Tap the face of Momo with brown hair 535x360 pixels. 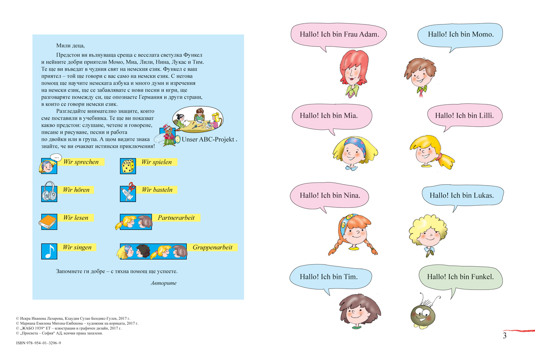420,73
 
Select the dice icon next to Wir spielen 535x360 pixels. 128,166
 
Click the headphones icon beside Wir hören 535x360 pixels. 49,194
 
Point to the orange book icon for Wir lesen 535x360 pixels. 49,221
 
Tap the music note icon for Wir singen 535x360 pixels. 49,251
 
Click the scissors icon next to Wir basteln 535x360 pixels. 128,193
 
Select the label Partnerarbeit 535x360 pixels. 176,218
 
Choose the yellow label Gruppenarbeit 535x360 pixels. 212,247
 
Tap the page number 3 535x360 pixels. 505,336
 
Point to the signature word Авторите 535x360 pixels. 164,283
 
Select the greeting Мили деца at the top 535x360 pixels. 70,45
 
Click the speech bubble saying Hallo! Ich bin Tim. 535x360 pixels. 330,277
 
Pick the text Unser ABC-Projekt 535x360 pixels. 209,139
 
